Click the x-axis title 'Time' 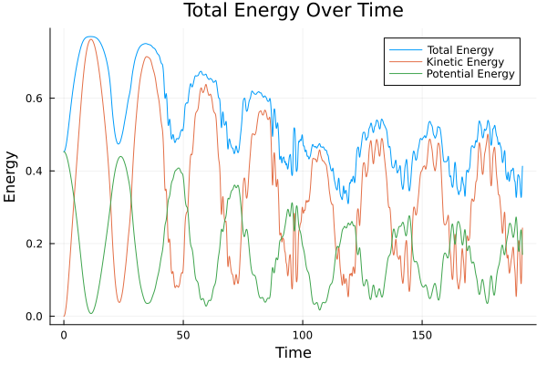pyautogui.click(x=294, y=352)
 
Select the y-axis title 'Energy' pyautogui.click(x=11, y=177)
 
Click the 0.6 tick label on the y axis pyautogui.click(x=36, y=99)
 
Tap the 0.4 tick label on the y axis pyautogui.click(x=36, y=172)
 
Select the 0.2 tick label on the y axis pyautogui.click(x=36, y=245)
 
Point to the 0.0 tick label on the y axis pyautogui.click(x=36, y=317)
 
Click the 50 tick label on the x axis pyautogui.click(x=183, y=334)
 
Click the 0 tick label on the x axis pyautogui.click(x=64, y=334)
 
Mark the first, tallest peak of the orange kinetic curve pyautogui.click(x=90, y=39)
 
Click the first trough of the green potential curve pyautogui.click(x=91, y=314)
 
